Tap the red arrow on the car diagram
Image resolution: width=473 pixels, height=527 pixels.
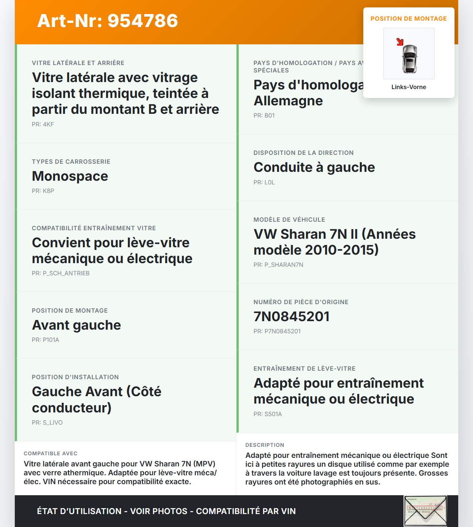[x=400, y=42]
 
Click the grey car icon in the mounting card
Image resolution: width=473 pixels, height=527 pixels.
[x=409, y=59]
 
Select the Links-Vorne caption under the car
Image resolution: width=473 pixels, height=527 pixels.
[x=409, y=87]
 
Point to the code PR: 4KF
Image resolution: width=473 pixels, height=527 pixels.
[x=43, y=124]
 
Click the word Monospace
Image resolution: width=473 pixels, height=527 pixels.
[x=70, y=176]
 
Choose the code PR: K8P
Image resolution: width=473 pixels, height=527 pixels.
[x=43, y=191]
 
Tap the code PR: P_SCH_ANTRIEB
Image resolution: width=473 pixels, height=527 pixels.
[x=61, y=273]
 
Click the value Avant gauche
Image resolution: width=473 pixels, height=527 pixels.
[x=76, y=325]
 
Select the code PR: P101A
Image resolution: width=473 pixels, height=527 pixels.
[x=45, y=340]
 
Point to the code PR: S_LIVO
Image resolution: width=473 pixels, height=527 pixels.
[x=47, y=422]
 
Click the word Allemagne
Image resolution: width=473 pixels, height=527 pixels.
[x=288, y=101]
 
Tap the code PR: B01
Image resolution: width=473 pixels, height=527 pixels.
[x=264, y=115]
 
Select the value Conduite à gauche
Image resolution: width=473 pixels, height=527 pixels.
[x=314, y=167]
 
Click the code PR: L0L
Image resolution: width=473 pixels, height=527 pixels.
[x=264, y=182]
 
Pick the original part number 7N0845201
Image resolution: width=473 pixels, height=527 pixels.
[x=291, y=316]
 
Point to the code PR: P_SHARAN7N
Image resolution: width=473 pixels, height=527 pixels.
[x=278, y=265]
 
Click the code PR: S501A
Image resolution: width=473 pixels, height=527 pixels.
[x=268, y=414]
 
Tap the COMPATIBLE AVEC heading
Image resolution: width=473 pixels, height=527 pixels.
[x=51, y=453]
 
